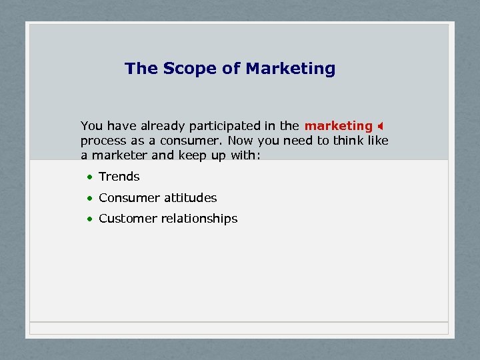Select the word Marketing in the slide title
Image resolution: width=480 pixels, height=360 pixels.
pos(290,69)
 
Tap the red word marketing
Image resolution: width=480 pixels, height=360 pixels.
pos(338,126)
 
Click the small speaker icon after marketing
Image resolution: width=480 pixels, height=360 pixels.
pos(381,126)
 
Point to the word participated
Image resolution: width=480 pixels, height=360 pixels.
pos(223,126)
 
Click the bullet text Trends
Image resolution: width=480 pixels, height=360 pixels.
pos(119,177)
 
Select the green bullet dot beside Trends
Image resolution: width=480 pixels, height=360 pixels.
pos(89,177)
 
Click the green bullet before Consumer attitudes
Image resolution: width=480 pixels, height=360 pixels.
pos(89,199)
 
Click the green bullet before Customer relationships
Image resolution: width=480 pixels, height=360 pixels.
pos(89,219)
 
